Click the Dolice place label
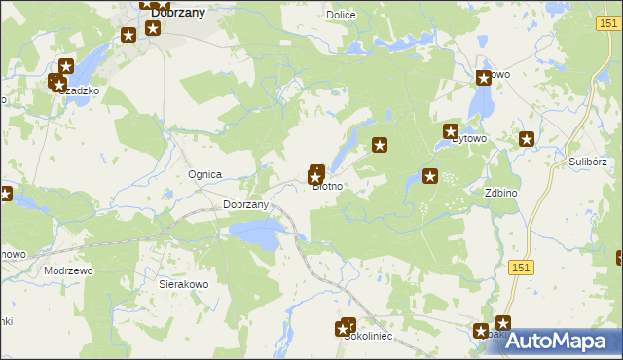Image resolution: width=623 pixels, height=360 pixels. pos(341,15)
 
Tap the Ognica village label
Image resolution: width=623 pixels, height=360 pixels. pos(205,174)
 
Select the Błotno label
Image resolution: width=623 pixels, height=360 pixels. pos(327,186)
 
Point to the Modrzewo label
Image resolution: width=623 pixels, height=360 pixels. pos(68,270)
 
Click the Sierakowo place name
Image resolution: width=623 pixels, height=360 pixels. pos(183,285)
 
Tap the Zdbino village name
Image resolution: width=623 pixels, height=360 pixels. pos(500,193)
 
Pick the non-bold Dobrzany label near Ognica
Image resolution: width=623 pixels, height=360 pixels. pos(245,204)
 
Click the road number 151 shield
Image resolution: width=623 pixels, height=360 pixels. pos(523,267)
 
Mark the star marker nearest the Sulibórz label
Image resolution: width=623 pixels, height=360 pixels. pos(528,139)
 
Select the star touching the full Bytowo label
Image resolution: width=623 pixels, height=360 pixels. pos(452,130)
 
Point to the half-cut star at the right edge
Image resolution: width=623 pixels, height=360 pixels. pos(619,258)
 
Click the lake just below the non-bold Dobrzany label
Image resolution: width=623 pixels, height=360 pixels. pos(256,232)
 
